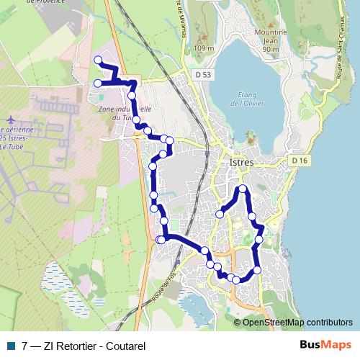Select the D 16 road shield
pyautogui.click(x=300, y=160)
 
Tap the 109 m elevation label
pyautogui.click(x=204, y=48)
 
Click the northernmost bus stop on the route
pyautogui.click(x=98, y=60)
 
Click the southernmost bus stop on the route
pyautogui.click(x=236, y=279)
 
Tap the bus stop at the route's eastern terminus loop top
pyautogui.click(x=243, y=189)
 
